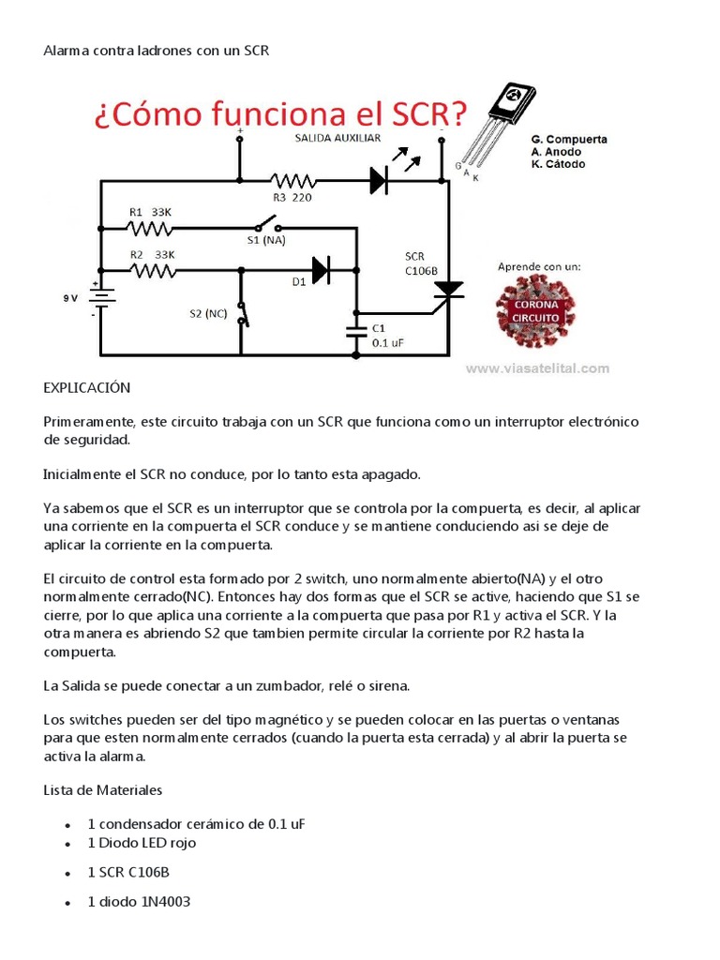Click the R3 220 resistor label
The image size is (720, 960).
(x=292, y=198)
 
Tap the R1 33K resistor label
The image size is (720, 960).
(x=151, y=212)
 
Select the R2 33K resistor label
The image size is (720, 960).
(x=151, y=254)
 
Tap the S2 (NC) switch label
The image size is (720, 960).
(x=209, y=312)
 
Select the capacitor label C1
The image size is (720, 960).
(x=379, y=328)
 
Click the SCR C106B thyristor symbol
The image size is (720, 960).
(x=448, y=292)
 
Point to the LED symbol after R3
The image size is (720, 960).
(x=379, y=179)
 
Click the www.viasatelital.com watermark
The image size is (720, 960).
(x=537, y=368)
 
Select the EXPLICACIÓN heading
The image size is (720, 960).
(x=87, y=387)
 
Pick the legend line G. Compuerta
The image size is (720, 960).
(x=569, y=139)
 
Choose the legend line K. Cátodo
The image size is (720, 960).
(x=558, y=164)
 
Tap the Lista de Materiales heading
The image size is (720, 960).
(x=103, y=789)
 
